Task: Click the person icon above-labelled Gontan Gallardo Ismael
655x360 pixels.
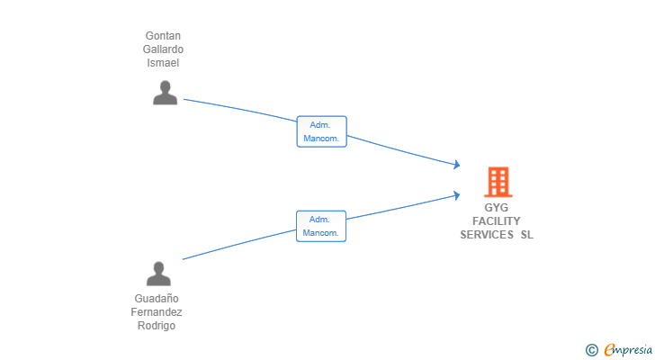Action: point(165,93)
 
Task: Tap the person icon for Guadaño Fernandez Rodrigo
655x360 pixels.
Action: point(158,274)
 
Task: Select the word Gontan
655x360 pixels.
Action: point(163,36)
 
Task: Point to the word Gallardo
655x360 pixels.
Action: point(163,49)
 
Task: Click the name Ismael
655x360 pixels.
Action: point(163,63)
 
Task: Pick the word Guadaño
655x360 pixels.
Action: point(157,299)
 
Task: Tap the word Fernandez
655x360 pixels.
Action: point(157,312)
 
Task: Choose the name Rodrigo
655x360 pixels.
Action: point(157,326)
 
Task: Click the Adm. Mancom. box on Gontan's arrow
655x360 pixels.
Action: point(321,131)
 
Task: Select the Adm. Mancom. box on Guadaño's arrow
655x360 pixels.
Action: point(321,226)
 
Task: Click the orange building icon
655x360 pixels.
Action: point(498,182)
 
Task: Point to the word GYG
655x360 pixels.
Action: point(497,208)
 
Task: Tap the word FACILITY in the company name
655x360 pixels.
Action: point(497,221)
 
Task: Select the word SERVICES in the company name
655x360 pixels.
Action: point(487,235)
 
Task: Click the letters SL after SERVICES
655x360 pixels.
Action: point(526,235)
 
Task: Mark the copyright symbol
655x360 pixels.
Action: point(591,350)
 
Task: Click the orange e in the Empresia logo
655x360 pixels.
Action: point(609,350)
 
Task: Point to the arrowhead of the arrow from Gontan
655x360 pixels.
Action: point(457,165)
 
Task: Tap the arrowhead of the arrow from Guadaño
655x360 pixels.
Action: point(457,194)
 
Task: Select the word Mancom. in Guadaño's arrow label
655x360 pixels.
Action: point(321,233)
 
